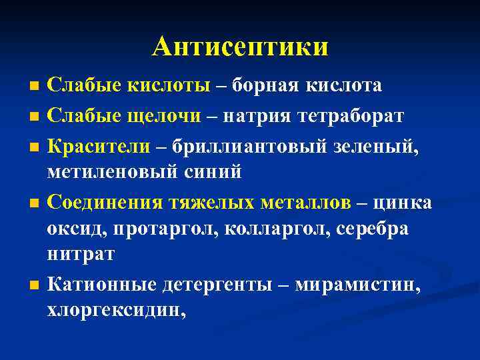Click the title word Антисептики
coord(240,47)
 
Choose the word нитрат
coord(81,254)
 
